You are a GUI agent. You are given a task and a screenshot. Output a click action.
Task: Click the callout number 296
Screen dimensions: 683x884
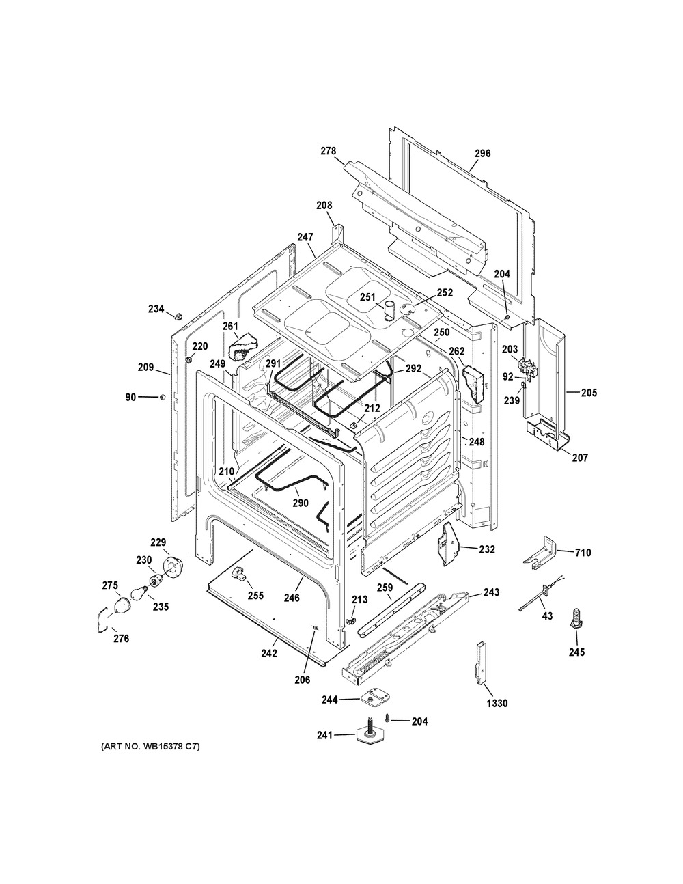click(483, 153)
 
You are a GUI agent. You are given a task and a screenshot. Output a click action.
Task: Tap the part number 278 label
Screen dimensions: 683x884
click(329, 151)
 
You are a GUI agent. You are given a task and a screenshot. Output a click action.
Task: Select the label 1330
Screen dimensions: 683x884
click(497, 704)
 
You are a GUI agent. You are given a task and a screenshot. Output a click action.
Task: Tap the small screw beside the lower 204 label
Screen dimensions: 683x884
click(388, 719)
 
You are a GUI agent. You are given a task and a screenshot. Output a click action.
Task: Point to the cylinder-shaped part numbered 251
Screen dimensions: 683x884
click(390, 312)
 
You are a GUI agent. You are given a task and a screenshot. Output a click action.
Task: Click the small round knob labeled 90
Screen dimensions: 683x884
click(162, 397)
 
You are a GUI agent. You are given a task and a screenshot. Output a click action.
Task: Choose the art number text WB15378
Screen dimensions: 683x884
click(158, 758)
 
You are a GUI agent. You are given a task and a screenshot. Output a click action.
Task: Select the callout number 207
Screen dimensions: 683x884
click(580, 458)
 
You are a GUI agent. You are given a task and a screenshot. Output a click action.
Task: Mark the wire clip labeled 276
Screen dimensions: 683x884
click(104, 621)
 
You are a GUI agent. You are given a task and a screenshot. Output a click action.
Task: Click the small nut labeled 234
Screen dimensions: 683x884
click(178, 316)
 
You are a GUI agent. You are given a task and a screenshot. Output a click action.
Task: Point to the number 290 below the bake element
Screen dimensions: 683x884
click(301, 503)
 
